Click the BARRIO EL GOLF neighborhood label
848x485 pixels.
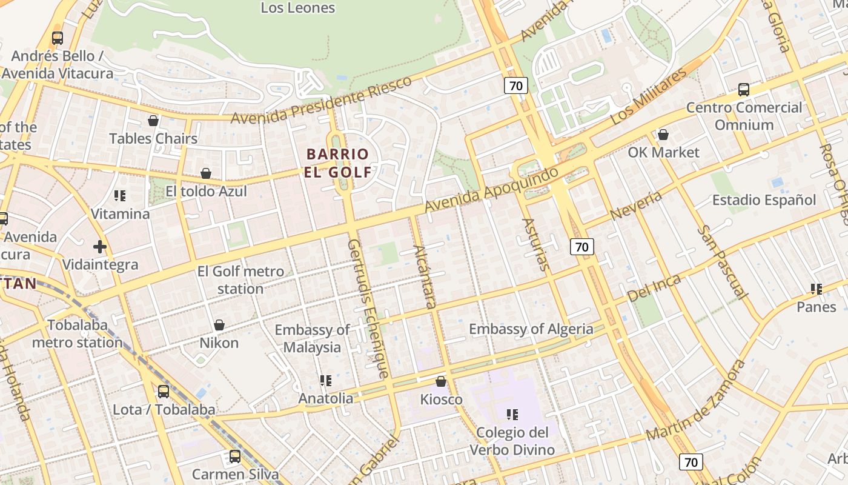338,163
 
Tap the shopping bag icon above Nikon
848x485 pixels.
219,326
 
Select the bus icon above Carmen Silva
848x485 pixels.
234,457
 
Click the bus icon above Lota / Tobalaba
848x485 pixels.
164,392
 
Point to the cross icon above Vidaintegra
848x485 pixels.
100,247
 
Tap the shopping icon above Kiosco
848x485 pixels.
441,381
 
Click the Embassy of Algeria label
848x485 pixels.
531,329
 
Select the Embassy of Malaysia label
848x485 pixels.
312,339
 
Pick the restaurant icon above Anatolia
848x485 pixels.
326,381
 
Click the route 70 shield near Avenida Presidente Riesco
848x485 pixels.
515,85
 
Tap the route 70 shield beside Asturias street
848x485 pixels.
581,247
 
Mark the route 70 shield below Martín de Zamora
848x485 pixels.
691,462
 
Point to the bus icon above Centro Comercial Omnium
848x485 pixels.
744,90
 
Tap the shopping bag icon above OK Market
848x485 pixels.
663,135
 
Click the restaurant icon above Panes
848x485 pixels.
816,289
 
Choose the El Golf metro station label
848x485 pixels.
240,279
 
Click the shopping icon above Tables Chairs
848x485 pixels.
153,121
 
